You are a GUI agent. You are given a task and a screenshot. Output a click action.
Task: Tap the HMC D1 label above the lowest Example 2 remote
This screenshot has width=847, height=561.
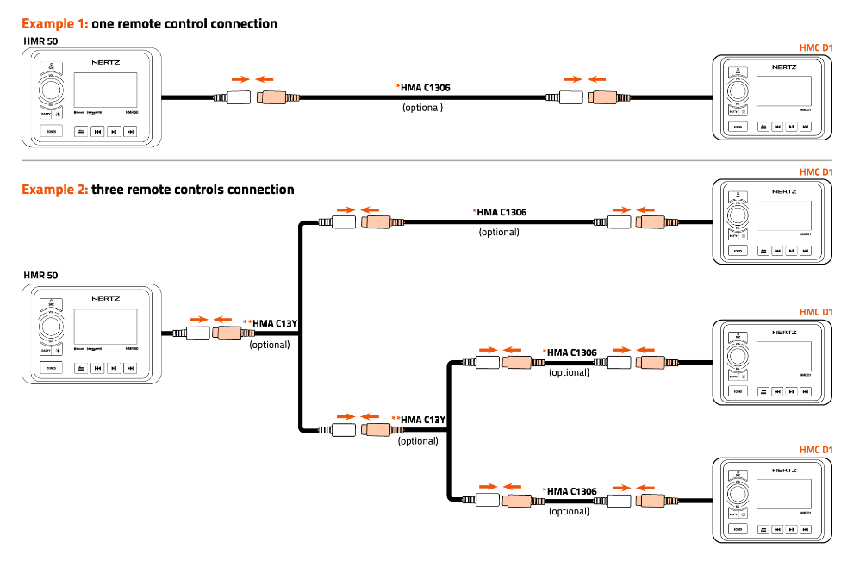click(816, 450)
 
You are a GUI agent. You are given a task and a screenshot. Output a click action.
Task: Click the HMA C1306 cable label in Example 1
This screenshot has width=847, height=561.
click(425, 87)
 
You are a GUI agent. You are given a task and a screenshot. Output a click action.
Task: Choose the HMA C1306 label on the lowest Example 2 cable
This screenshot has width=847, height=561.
click(571, 491)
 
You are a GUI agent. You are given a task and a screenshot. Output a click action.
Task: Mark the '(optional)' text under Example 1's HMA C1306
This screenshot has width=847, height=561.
click(423, 108)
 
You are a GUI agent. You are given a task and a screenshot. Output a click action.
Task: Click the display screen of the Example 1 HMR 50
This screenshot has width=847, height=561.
click(105, 89)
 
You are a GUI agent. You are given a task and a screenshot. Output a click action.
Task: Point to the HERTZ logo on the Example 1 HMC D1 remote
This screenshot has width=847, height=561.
click(784, 65)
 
